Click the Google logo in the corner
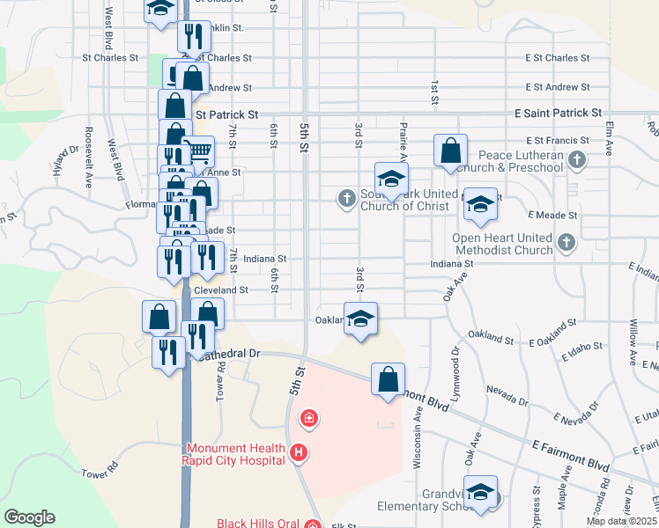pyautogui.click(x=30, y=517)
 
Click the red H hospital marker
pyautogui.click(x=299, y=453)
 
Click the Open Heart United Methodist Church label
pyautogui.click(x=501, y=244)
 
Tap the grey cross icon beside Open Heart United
pyautogui.click(x=566, y=241)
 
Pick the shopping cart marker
pyautogui.click(x=198, y=151)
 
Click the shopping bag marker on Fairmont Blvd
pyautogui.click(x=388, y=380)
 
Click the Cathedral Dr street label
pyautogui.click(x=232, y=354)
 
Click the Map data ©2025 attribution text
pyautogui.click(x=622, y=521)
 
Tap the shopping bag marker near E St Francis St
pyautogui.click(x=450, y=150)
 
